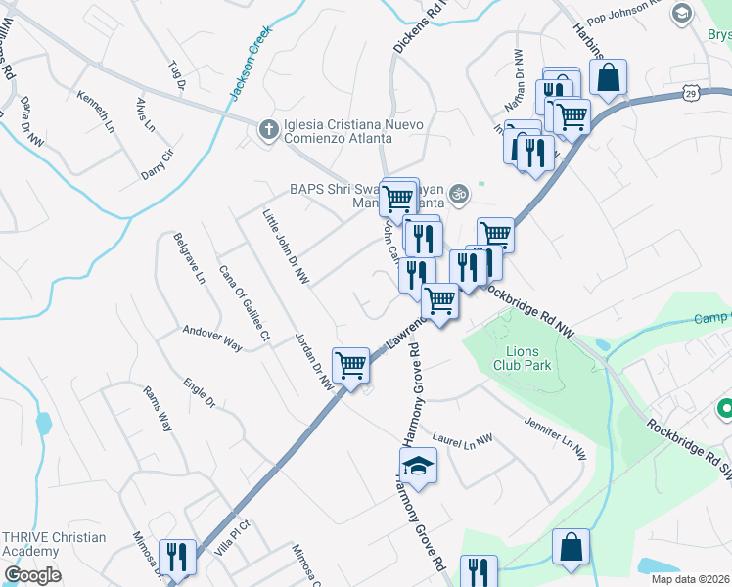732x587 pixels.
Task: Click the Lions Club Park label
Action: click(528, 358)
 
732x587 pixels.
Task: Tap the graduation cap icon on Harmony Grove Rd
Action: click(418, 466)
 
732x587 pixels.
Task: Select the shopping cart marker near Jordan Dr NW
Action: click(350, 366)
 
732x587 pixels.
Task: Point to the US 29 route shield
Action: click(691, 93)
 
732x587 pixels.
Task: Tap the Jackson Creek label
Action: click(249, 62)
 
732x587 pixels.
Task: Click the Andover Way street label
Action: click(211, 338)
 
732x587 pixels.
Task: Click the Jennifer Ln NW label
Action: click(554, 437)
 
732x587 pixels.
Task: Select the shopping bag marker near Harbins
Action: click(608, 77)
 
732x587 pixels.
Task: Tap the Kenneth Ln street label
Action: click(96, 111)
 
